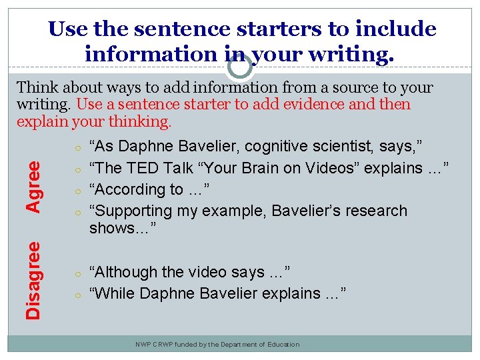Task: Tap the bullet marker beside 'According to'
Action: (x=78, y=191)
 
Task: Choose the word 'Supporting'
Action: (x=132, y=211)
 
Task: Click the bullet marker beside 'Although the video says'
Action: (x=78, y=273)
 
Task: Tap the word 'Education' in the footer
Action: (x=283, y=345)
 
